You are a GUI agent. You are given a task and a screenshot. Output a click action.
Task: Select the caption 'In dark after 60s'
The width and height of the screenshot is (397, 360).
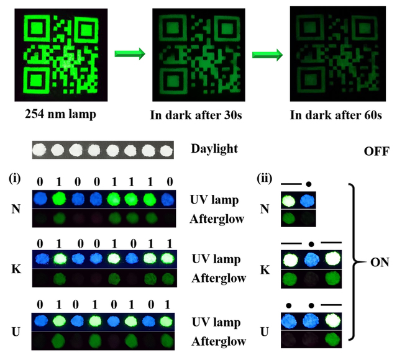(329, 115)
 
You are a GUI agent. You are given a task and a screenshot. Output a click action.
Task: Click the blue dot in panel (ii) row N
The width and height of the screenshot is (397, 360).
(308, 200)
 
